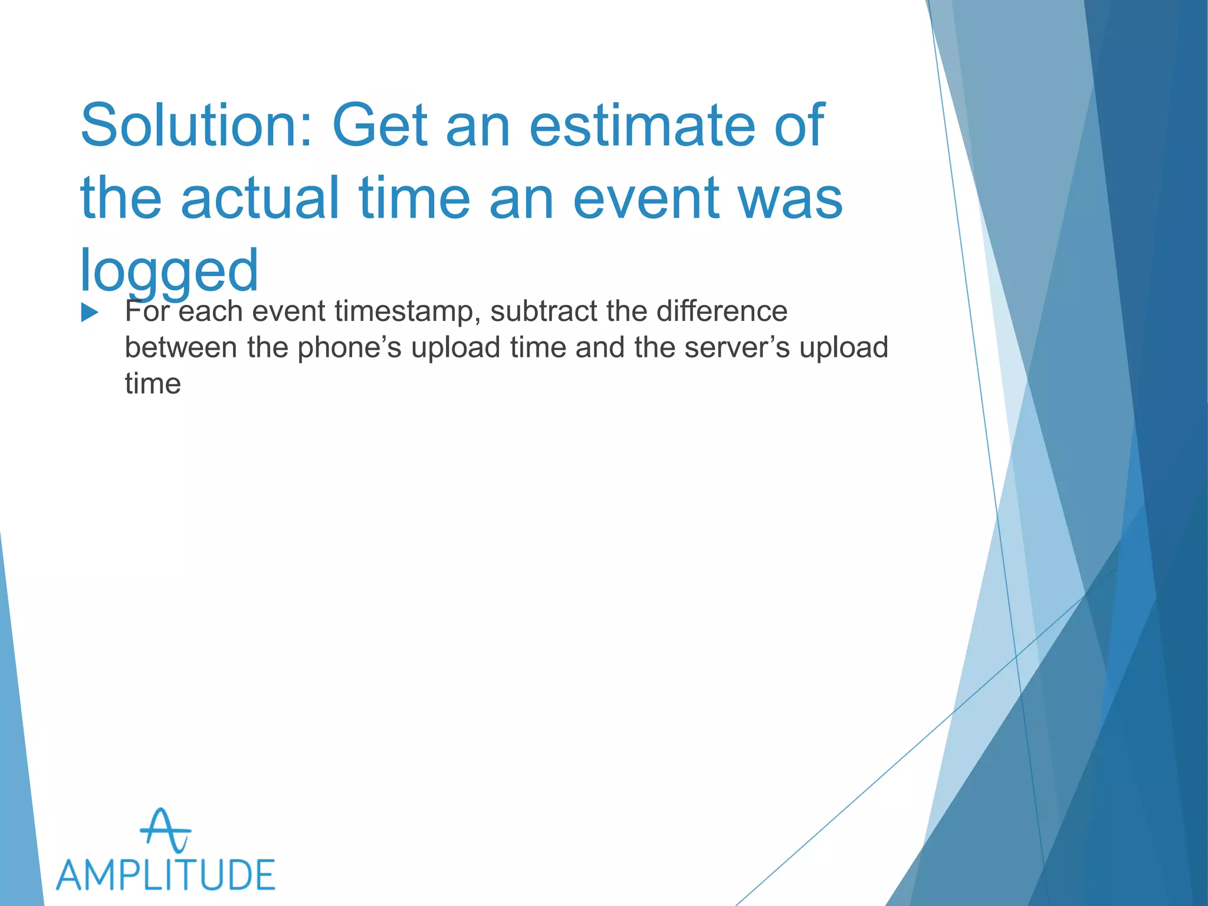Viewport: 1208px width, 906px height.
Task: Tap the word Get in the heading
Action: point(380,125)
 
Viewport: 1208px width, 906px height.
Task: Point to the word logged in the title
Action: point(169,271)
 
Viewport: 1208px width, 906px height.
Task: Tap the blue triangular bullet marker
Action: point(89,313)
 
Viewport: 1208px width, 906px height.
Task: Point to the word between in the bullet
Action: point(181,347)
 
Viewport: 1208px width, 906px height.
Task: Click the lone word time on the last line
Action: point(153,384)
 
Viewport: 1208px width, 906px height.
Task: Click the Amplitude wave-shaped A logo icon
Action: point(166,830)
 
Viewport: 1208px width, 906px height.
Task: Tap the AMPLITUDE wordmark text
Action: point(166,875)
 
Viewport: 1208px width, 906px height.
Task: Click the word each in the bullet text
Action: point(211,311)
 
